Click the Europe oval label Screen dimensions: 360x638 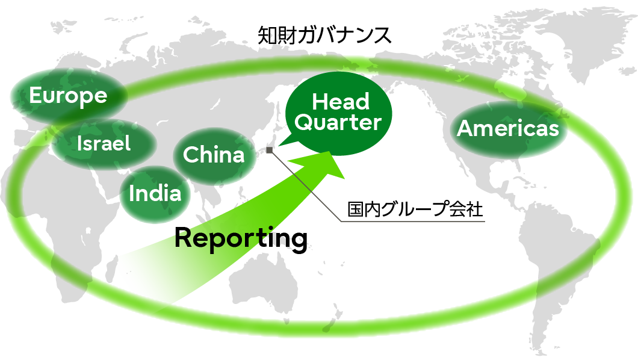tap(68, 96)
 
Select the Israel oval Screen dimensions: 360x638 tap(104, 143)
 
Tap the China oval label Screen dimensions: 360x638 tap(214, 155)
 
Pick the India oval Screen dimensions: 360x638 tap(155, 193)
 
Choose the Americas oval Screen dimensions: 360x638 tap(508, 128)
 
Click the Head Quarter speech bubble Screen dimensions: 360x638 tap(339, 112)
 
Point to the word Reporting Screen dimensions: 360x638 tap(241, 238)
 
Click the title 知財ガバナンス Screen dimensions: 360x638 tap(325, 36)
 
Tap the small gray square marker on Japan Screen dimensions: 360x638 tap(269, 151)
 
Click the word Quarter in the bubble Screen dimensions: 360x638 tap(339, 123)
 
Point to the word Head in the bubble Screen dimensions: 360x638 tap(341, 102)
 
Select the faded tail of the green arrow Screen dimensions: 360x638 tap(144, 283)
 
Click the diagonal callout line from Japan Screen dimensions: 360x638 tap(307, 187)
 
